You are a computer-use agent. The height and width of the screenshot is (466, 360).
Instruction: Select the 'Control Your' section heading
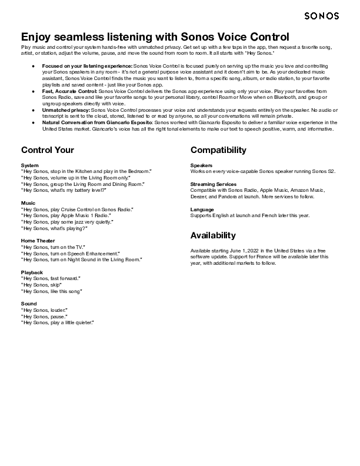pos(47,150)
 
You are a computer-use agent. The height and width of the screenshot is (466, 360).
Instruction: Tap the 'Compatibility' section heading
pos(218,150)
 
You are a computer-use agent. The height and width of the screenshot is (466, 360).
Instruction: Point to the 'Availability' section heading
pos(213,236)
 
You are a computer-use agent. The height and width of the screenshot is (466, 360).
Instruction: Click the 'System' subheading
pos(30,165)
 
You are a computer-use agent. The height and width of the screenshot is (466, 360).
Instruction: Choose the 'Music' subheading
pos(28,203)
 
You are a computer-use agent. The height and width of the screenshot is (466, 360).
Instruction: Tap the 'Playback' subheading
pos(32,272)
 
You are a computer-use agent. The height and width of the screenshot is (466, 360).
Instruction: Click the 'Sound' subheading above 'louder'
pos(28,304)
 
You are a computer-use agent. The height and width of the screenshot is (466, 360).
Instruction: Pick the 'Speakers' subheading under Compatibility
pos(201,165)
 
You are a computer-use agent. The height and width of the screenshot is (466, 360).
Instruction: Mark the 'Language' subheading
pos(202,209)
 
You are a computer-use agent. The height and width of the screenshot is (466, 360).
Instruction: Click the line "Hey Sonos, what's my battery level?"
pos(64,191)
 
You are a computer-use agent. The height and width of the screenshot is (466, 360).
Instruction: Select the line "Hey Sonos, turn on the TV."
pos(54,247)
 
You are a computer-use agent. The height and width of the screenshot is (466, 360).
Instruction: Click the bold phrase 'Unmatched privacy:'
pos(66,110)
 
